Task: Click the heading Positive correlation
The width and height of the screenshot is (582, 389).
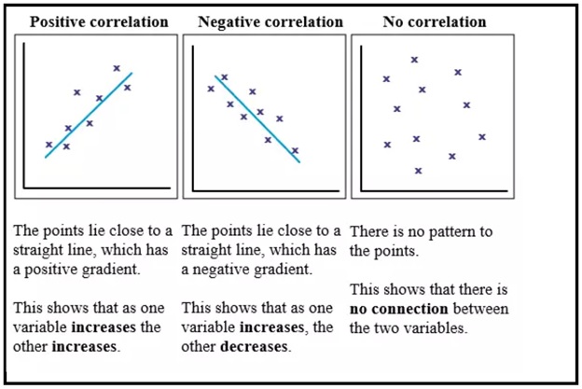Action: [100, 21]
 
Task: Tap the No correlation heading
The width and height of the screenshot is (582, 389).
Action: [434, 21]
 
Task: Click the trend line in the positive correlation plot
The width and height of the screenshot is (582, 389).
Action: [89, 115]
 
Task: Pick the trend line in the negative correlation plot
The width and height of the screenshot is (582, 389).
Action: [257, 118]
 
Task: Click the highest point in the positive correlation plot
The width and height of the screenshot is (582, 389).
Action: [117, 67]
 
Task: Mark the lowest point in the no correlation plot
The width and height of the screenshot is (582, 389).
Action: [418, 171]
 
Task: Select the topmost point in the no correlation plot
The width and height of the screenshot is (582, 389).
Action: [414, 60]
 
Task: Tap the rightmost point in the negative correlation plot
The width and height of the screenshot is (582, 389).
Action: [295, 150]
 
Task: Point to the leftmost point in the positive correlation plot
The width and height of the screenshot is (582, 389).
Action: [48, 145]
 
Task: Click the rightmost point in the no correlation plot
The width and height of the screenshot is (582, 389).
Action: [482, 137]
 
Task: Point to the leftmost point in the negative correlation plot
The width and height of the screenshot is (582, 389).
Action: [211, 89]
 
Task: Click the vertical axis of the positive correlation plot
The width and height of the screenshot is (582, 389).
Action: [26, 121]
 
